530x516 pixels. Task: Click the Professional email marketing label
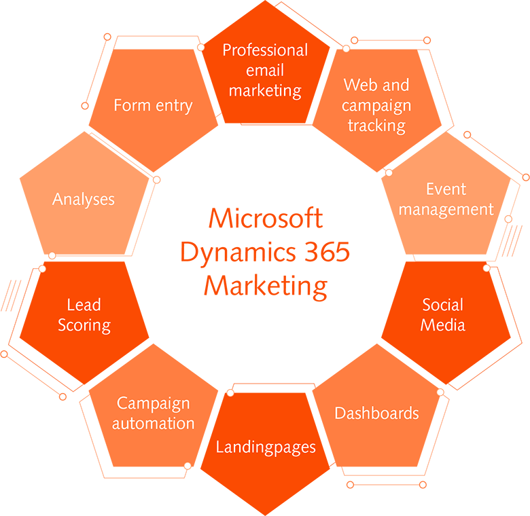pyautogui.click(x=265, y=70)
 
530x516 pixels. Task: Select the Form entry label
pyautogui.click(x=153, y=106)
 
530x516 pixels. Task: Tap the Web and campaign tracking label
pyautogui.click(x=376, y=105)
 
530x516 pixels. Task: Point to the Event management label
pyautogui.click(x=446, y=199)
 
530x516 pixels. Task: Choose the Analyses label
pyautogui.click(x=84, y=200)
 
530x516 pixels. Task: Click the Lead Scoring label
pyautogui.click(x=84, y=315)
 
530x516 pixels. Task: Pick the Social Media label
pyautogui.click(x=443, y=315)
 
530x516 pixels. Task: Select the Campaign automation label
pyautogui.click(x=154, y=413)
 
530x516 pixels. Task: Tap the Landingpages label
pyautogui.click(x=266, y=447)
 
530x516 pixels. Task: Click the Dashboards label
pyautogui.click(x=376, y=413)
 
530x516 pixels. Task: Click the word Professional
pyautogui.click(x=265, y=50)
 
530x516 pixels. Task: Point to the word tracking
pyautogui.click(x=376, y=126)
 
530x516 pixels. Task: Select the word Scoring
pyautogui.click(x=84, y=325)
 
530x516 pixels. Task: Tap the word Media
pyautogui.click(x=443, y=325)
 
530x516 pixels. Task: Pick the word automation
pyautogui.click(x=154, y=424)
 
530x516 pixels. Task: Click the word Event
pyautogui.click(x=446, y=189)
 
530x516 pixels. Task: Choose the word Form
pyautogui.click(x=130, y=106)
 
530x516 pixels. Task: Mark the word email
pyautogui.click(x=265, y=70)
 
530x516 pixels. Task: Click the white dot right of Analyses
pyautogui.click(x=156, y=179)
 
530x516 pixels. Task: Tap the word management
pyautogui.click(x=446, y=209)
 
